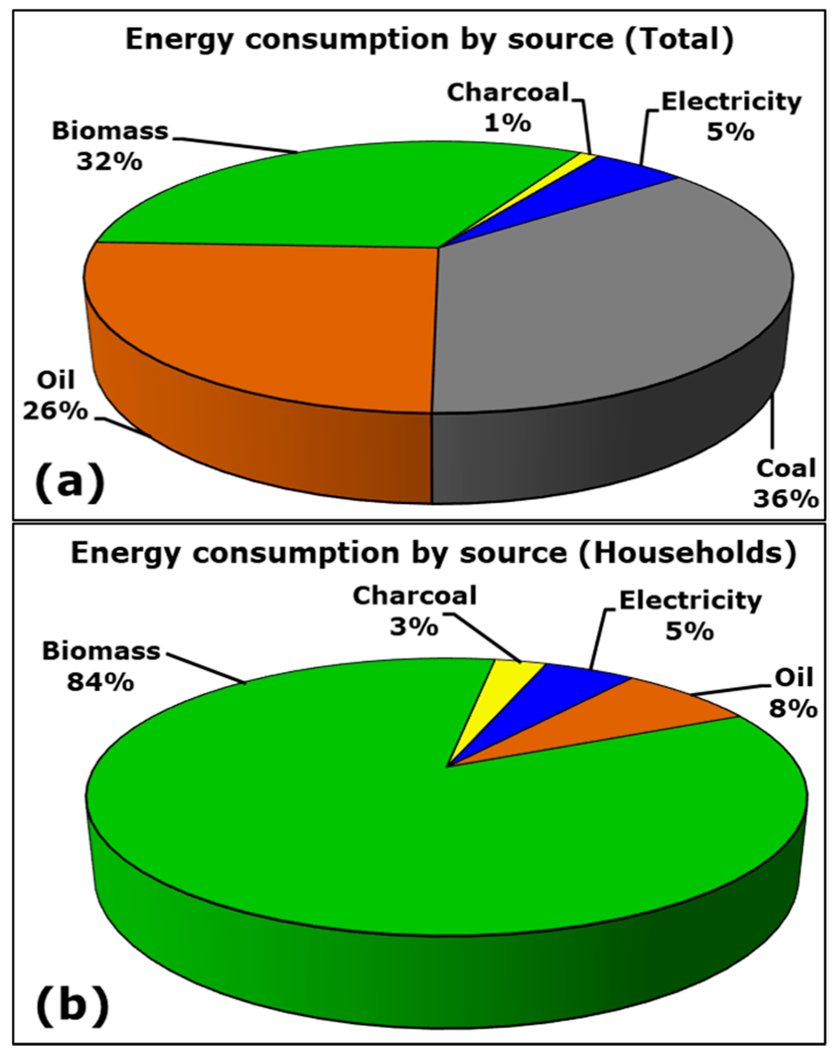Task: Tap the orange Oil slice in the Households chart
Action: [x=651, y=709]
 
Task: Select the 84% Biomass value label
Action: [x=100, y=682]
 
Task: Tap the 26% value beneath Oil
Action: [x=55, y=411]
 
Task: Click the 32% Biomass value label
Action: [x=109, y=162]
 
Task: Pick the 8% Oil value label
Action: [x=793, y=708]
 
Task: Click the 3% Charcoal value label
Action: [x=414, y=627]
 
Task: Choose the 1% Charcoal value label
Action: [x=507, y=123]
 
